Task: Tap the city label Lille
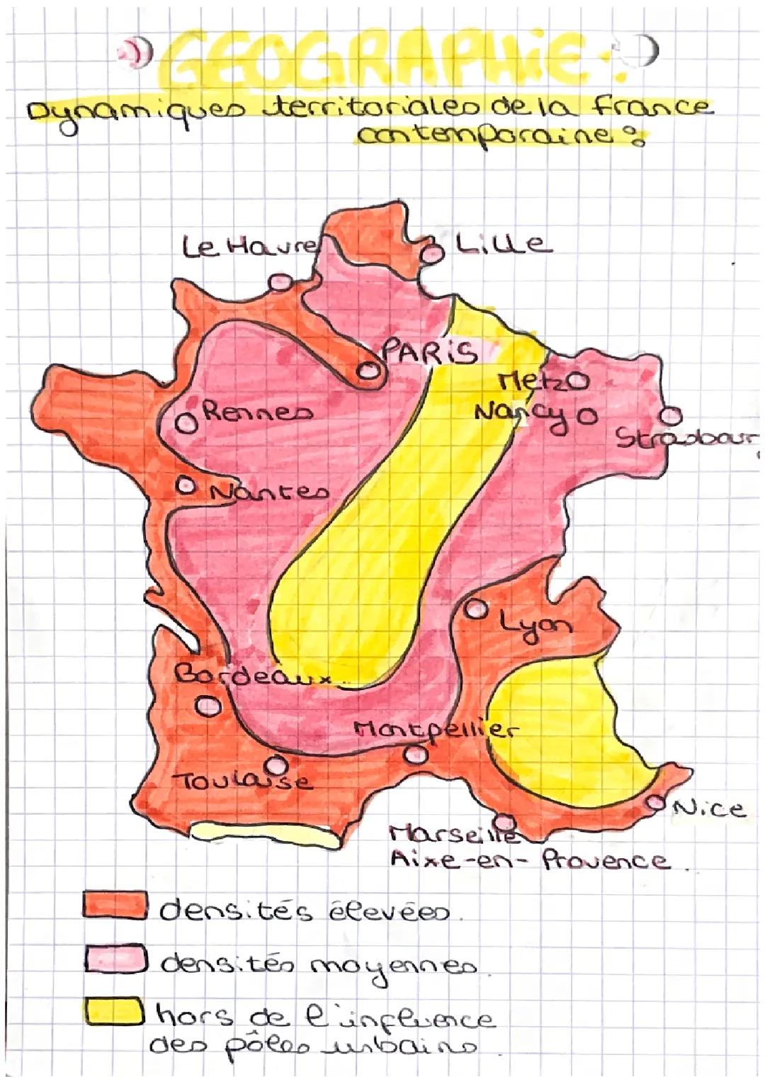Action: pyautogui.click(x=501, y=244)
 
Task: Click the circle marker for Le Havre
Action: pyautogui.click(x=278, y=281)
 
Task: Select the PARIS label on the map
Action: pyautogui.click(x=429, y=351)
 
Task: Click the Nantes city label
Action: pyautogui.click(x=269, y=491)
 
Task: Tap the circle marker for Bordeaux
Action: pyautogui.click(x=208, y=705)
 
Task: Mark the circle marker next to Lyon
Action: pyautogui.click(x=476, y=609)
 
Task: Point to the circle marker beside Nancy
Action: pyautogui.click(x=587, y=412)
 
